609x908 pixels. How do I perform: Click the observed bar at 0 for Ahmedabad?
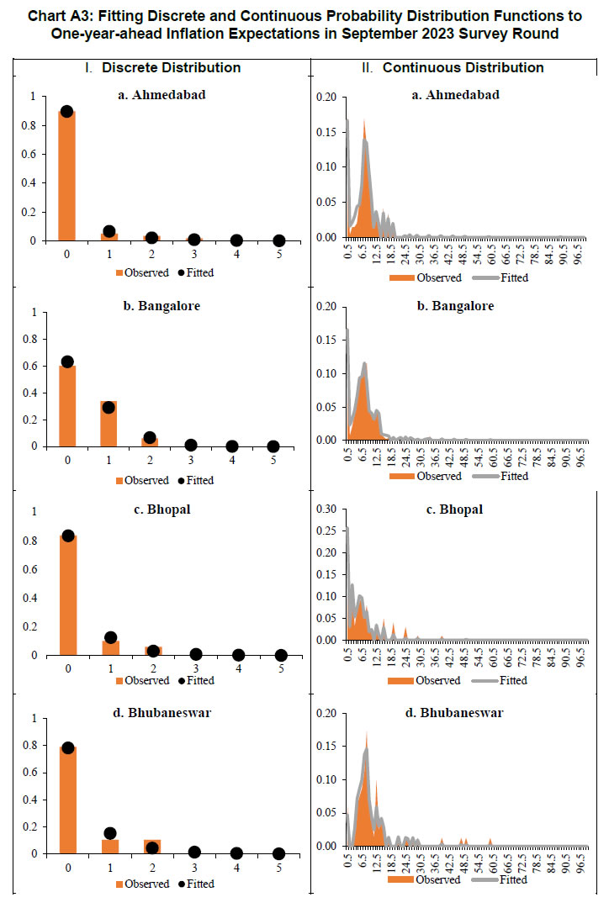click(66, 177)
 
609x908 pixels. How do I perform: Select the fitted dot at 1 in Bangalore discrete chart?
click(109, 407)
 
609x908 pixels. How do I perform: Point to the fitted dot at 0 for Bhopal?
click(67, 536)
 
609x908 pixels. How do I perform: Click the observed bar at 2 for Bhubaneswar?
click(151, 846)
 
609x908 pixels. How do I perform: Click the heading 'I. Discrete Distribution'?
click(162, 67)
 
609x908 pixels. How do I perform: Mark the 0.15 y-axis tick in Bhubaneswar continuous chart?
click(326, 746)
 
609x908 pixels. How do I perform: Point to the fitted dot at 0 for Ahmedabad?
click(66, 112)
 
